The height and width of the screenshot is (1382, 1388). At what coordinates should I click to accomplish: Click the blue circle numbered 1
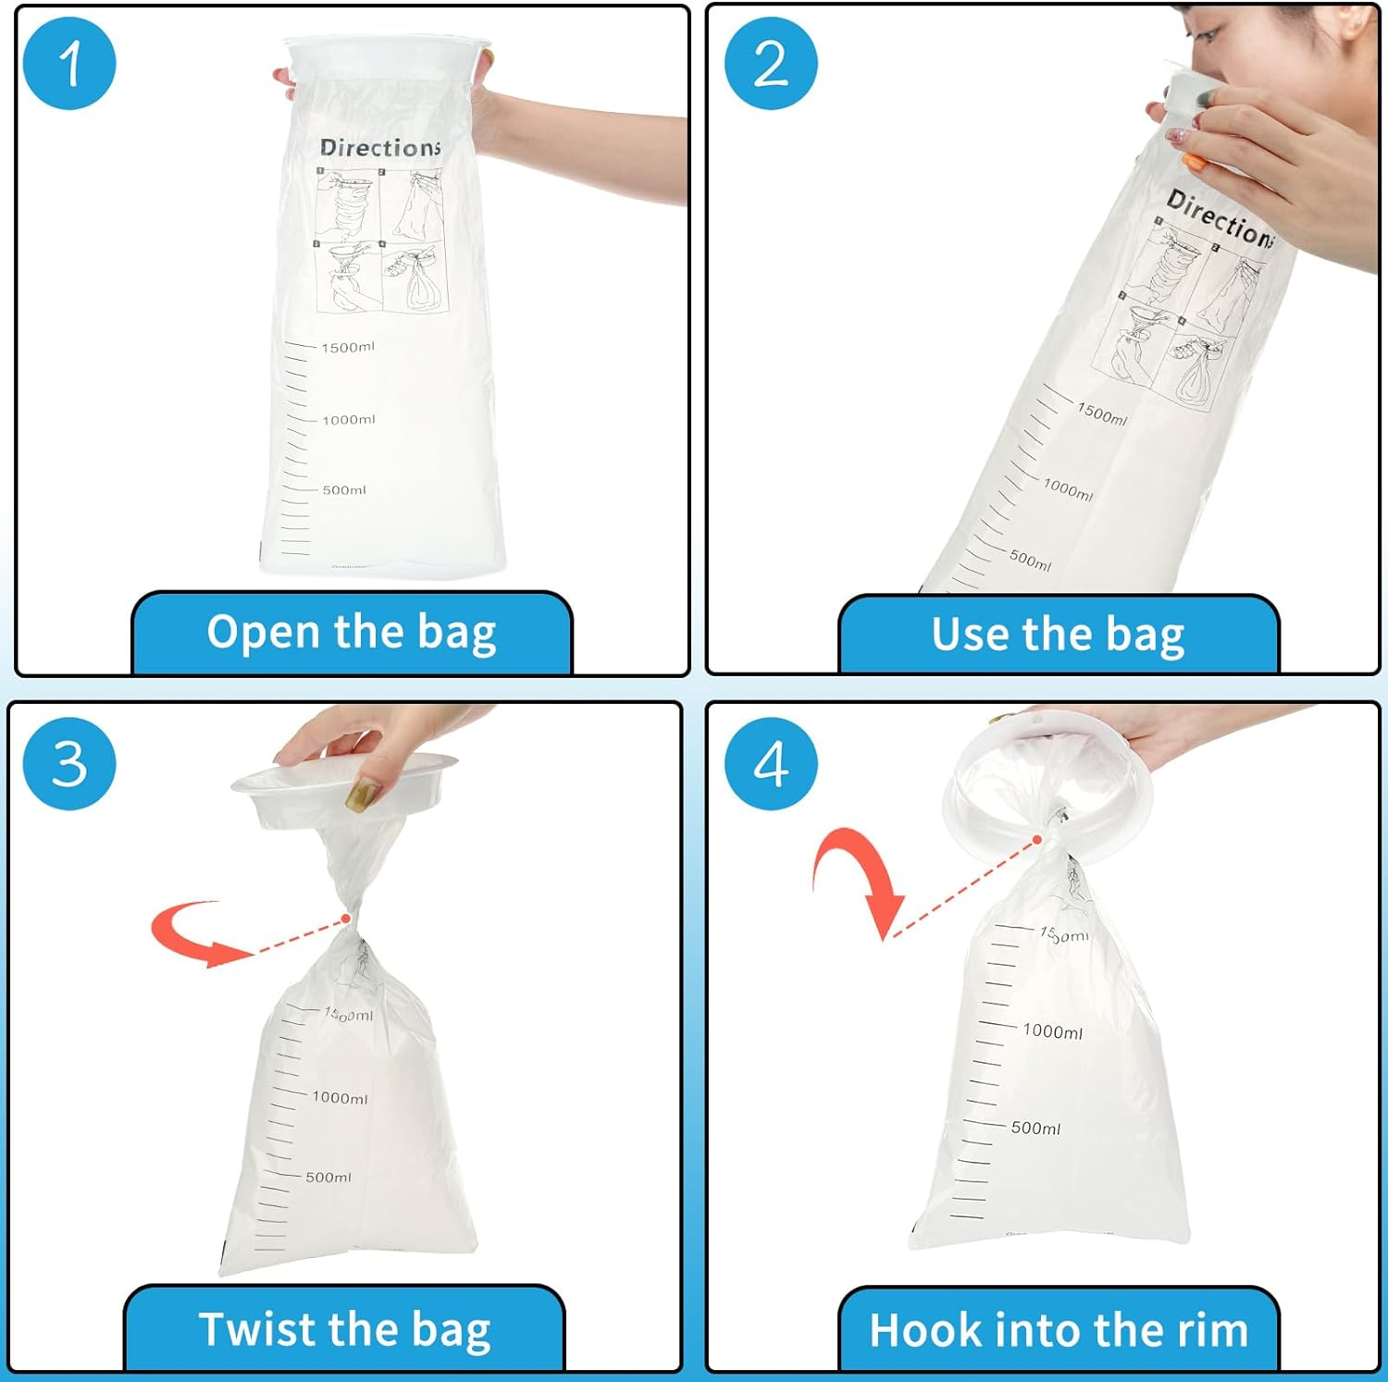(69, 64)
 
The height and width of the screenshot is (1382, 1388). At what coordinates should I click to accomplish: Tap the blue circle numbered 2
(771, 64)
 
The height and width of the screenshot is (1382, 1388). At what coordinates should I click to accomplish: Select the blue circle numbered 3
(69, 764)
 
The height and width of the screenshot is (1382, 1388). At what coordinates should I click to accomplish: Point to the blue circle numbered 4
(771, 764)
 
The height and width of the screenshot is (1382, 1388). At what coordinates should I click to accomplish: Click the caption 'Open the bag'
(352, 633)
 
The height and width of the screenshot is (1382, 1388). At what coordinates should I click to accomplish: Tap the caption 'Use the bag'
(1058, 635)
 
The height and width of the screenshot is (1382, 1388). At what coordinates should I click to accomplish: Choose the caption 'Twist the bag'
(344, 1329)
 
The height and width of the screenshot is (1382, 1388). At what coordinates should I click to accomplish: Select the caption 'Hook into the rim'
(1059, 1330)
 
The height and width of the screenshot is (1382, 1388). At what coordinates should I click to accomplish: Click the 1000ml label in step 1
(349, 420)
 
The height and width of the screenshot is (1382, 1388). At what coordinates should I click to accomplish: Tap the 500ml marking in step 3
(328, 1178)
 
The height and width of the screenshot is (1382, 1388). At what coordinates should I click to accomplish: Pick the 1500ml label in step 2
(1102, 413)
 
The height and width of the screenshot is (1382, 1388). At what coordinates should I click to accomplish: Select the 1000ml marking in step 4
(1052, 1031)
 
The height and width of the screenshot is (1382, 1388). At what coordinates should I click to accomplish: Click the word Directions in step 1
(379, 148)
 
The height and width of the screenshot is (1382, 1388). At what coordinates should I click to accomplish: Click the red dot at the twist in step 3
(346, 919)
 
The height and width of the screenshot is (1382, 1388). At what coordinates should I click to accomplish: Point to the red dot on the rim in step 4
(1038, 840)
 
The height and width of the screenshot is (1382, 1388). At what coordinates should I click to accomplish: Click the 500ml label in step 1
(344, 490)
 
